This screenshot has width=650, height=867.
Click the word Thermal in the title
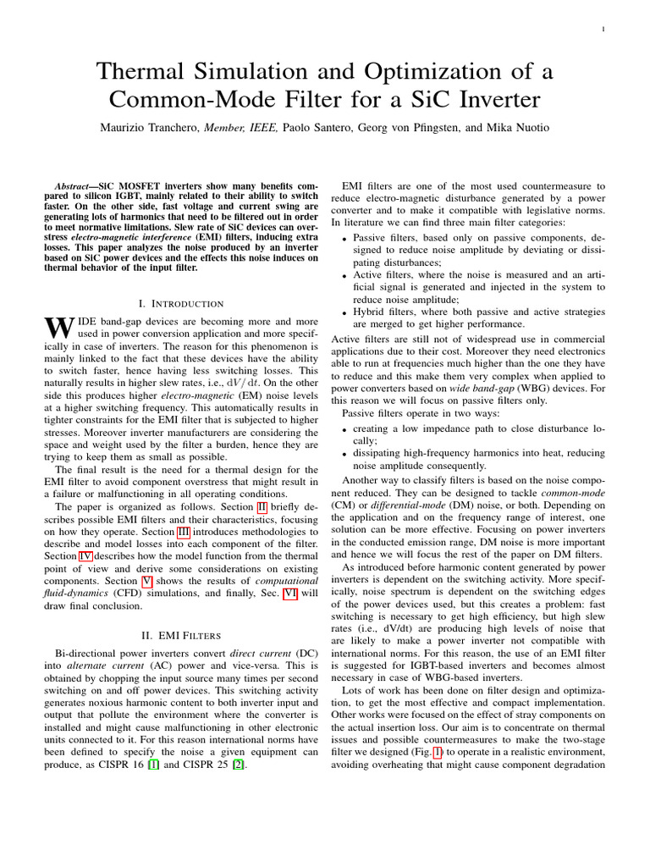pyautogui.click(x=145, y=71)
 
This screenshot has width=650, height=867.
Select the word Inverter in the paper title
pyautogui.click(x=491, y=100)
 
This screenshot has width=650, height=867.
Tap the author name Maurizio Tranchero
pyautogui.click(x=162, y=128)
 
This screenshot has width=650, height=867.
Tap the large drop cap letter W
pyautogui.click(x=54, y=328)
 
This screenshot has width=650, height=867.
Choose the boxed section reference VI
pyautogui.click(x=290, y=593)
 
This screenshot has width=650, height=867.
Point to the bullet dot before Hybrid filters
pyautogui.click(x=343, y=312)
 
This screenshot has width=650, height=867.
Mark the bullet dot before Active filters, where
pyautogui.click(x=343, y=276)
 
